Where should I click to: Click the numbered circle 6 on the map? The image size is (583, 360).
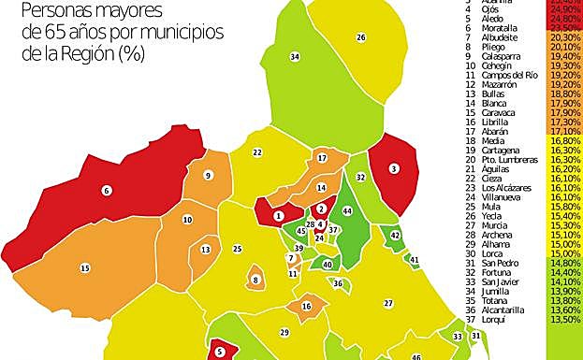pos(107,190)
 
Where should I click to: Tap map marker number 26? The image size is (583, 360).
pos(360,36)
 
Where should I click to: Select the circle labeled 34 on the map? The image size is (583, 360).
pos(295,57)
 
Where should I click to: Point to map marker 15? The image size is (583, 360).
pos(84,267)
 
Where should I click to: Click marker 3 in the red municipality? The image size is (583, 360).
pos(394,168)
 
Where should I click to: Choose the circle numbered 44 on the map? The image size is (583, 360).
pos(347,211)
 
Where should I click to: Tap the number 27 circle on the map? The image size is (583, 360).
pos(387,303)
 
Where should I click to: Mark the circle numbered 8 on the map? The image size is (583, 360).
pos(255,280)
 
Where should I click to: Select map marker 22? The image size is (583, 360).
pos(256,152)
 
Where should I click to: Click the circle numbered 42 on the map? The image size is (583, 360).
pos(395,235)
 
